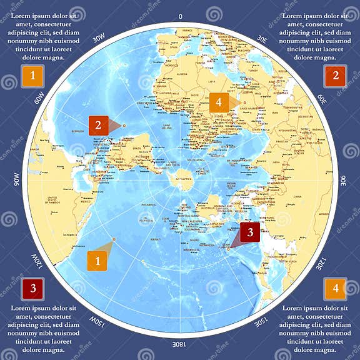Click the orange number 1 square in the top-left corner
pyautogui.click(x=32, y=76)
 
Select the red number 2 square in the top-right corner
pyautogui.click(x=336, y=76)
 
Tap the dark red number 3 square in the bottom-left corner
pyautogui.click(x=32, y=288)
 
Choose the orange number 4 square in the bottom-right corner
pyautogui.click(x=336, y=288)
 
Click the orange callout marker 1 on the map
pyautogui.click(x=97, y=260)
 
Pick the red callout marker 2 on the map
pyautogui.click(x=98, y=125)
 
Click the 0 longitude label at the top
pyautogui.click(x=180, y=16)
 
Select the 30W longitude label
pyautogui.click(x=97, y=38)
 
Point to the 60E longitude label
pyautogui.click(x=322, y=98)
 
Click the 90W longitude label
pyautogui.click(x=17, y=180)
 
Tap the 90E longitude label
pyautogui.click(x=343, y=180)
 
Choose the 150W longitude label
pyautogui.click(x=97, y=322)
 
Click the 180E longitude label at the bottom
pyautogui.click(x=180, y=344)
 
